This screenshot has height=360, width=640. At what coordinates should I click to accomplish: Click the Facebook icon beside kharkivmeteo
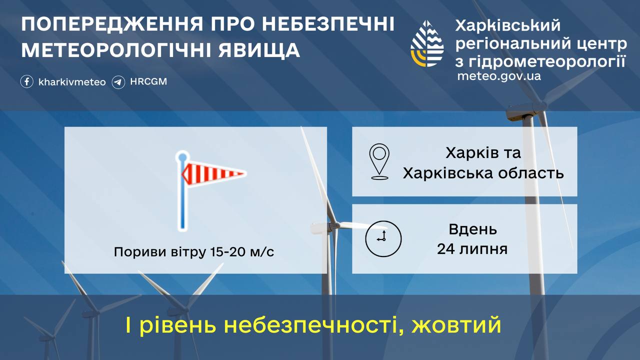point(27,81)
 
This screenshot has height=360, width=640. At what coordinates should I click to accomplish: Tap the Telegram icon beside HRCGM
point(118,81)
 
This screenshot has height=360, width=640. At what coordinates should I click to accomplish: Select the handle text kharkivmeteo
point(72,81)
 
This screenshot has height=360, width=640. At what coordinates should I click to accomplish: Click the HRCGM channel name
point(148,81)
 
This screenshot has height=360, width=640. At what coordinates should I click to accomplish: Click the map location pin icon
point(379,161)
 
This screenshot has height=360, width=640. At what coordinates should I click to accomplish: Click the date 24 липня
point(472,248)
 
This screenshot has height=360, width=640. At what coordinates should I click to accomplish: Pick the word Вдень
point(472,229)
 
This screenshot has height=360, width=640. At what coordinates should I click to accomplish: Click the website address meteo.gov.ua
point(498,76)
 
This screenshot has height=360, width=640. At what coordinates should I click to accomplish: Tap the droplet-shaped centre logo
point(427,44)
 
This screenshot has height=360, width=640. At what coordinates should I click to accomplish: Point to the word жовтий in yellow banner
point(457,326)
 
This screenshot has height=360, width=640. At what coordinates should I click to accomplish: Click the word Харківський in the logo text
point(507,25)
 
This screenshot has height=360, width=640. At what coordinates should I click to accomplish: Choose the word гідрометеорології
point(547,60)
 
